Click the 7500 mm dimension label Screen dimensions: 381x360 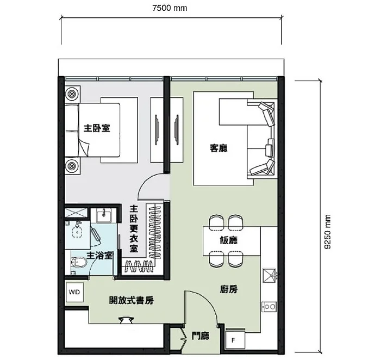170,8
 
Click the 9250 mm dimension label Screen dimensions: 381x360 328,232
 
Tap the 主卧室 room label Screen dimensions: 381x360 97,128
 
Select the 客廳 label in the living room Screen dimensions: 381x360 218,148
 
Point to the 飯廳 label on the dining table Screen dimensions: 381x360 229,240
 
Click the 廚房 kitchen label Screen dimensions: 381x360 229,289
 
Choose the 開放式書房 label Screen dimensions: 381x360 131,300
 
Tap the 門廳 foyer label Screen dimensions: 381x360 201,336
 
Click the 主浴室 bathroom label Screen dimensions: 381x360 99,256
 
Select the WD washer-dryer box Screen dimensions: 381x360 74,292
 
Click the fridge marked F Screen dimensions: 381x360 235,340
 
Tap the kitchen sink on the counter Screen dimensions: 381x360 270,275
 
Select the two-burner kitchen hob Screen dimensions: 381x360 270,307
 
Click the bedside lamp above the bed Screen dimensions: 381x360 72,93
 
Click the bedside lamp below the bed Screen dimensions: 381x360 72,166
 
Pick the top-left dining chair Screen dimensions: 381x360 216,222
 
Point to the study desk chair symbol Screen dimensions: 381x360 126,320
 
